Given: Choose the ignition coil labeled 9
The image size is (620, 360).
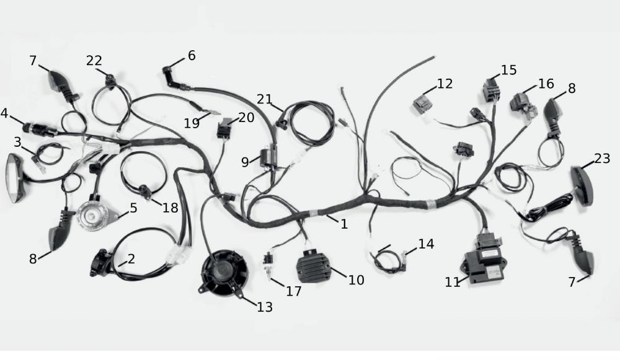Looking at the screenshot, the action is pyautogui.click(x=267, y=159).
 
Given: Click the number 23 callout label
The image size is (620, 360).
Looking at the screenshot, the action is pyautogui.click(x=602, y=159).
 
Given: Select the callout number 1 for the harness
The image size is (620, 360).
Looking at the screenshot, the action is pyautogui.click(x=344, y=224).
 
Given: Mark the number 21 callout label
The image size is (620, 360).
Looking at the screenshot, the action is pyautogui.click(x=264, y=99).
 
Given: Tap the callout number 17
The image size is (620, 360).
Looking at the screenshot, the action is pyautogui.click(x=294, y=291).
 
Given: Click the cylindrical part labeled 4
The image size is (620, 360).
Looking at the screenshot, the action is pyautogui.click(x=40, y=130).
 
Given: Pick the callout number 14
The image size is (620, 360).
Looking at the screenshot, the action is pyautogui.click(x=426, y=244).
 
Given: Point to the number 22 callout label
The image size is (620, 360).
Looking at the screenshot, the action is pyautogui.click(x=94, y=61).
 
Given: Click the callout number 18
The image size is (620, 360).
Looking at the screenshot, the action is pyautogui.click(x=170, y=208).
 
